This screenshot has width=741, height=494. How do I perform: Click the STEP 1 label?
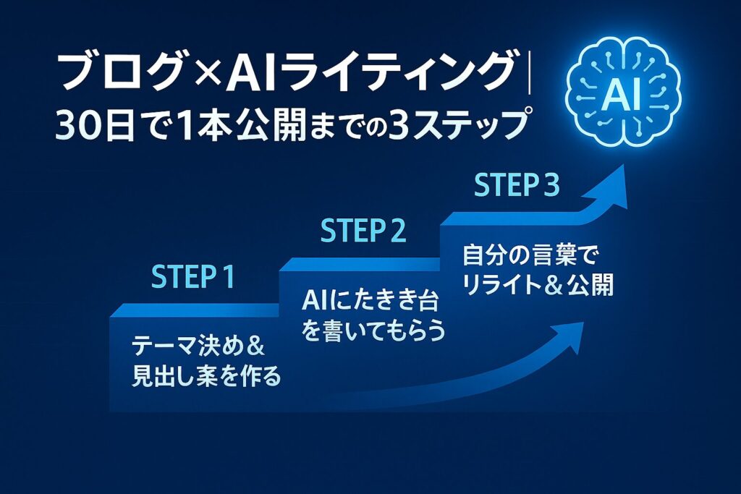tap(193, 278)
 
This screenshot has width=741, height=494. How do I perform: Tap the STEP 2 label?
tap(363, 231)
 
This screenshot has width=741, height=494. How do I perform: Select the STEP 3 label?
tap(517, 186)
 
